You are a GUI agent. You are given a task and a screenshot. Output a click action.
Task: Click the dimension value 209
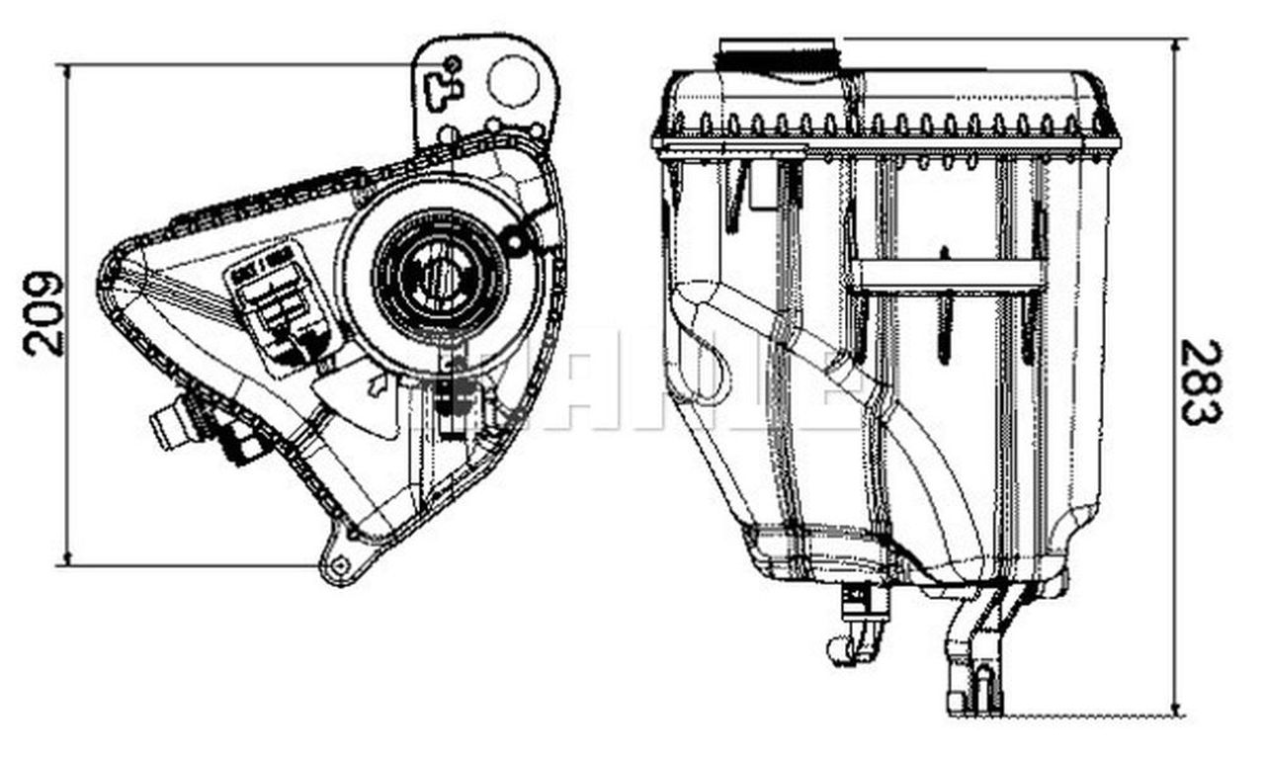(44, 313)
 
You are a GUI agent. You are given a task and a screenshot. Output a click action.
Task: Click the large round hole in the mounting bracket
(514, 81)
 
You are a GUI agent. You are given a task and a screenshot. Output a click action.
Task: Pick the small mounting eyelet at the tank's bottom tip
(340, 566)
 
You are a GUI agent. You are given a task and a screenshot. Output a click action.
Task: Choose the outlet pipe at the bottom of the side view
(973, 652)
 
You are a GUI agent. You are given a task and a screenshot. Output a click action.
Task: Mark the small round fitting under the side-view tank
(840, 649)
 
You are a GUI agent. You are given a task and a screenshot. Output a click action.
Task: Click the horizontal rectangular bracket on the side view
(947, 276)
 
